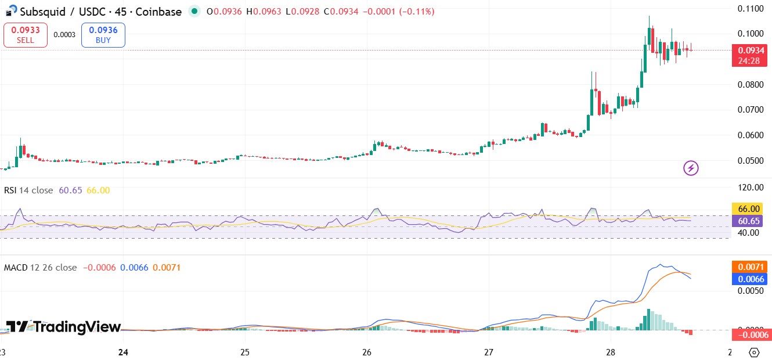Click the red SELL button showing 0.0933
click(x=25, y=35)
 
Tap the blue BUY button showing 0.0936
click(x=103, y=35)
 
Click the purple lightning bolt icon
click(x=691, y=168)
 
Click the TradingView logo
click(x=64, y=327)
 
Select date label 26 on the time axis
click(x=366, y=352)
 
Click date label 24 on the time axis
click(x=122, y=352)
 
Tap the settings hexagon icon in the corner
click(x=754, y=352)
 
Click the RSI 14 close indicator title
click(x=28, y=190)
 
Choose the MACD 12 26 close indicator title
click(x=40, y=268)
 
